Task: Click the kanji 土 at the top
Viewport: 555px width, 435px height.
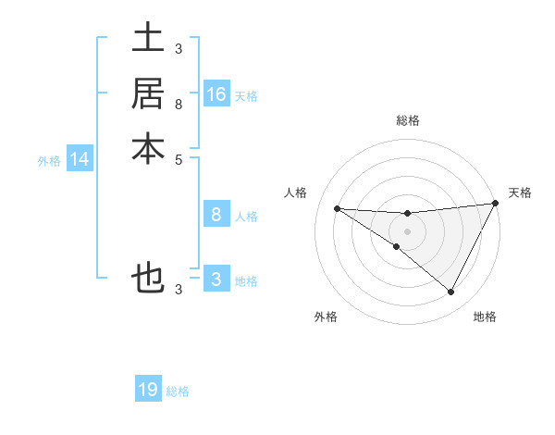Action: click(148, 40)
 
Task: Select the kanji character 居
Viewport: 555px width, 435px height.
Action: click(148, 93)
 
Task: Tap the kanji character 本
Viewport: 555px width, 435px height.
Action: click(148, 148)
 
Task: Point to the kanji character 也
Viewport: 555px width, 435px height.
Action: click(148, 278)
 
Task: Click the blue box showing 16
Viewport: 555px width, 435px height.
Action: click(216, 93)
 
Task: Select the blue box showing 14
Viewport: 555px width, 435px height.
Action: click(80, 159)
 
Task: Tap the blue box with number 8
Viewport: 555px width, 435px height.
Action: click(216, 215)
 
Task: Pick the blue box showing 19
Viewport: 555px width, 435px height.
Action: click(148, 390)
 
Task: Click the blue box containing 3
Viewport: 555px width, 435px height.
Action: click(216, 280)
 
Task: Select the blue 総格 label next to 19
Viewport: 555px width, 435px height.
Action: click(178, 391)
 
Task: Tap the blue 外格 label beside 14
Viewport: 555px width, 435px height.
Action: click(49, 161)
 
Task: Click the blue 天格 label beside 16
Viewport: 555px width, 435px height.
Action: click(246, 95)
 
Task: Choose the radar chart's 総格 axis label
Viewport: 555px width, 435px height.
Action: click(407, 120)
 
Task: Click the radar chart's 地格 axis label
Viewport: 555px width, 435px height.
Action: click(485, 317)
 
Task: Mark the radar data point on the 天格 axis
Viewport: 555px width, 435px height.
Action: click(496, 204)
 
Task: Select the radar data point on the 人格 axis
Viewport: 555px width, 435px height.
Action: click(337, 208)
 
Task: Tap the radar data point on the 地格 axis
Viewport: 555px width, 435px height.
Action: click(451, 292)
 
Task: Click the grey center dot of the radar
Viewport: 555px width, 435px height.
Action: click(407, 230)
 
